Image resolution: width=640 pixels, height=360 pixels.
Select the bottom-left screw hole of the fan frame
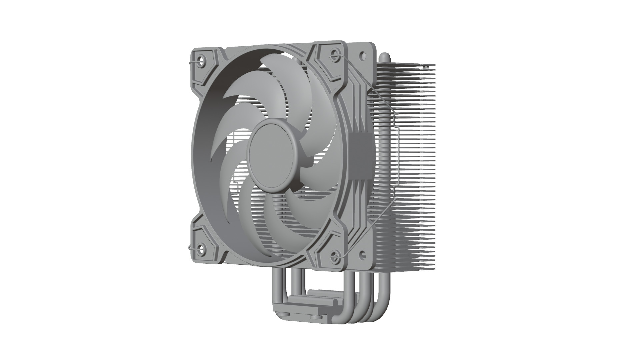(201, 248)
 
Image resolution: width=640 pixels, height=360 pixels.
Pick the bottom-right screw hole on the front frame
(335, 256)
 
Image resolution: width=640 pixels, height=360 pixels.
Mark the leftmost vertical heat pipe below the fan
(278, 283)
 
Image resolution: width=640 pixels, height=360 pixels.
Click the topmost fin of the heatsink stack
(413, 64)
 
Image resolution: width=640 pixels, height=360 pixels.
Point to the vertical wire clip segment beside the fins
(399, 157)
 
